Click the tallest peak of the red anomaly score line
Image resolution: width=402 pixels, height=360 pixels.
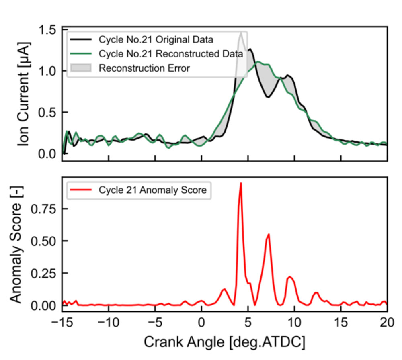coord(241,184)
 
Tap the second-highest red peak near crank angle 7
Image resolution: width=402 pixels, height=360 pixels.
coord(269,234)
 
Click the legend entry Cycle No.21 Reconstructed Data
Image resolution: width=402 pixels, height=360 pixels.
coord(170,53)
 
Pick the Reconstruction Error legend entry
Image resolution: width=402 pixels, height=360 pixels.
coord(144,68)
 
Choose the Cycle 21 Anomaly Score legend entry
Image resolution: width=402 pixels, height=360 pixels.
coord(152,190)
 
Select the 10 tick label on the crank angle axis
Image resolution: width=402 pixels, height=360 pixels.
coord(294,324)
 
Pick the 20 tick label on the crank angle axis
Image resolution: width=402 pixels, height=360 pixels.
coord(387,324)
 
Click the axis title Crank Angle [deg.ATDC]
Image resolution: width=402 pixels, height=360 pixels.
coord(224,342)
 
